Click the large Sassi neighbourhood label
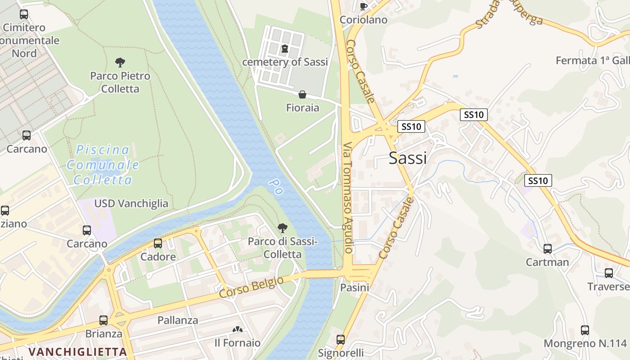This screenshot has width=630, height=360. (408, 158)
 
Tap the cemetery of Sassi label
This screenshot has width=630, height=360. (285, 62)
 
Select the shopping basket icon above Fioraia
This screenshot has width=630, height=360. (302, 94)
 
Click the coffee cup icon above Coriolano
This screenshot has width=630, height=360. (364, 6)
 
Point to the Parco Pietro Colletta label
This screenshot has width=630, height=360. (120, 82)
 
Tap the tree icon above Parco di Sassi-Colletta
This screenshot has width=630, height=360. (282, 228)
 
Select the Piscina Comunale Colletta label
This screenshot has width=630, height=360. (103, 165)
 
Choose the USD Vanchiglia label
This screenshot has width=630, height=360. (131, 203)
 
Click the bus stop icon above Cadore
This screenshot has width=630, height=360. (158, 243)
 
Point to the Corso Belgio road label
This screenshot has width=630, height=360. (252, 287)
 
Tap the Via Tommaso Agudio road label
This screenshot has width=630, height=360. (348, 198)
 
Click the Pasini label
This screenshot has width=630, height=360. (355, 287)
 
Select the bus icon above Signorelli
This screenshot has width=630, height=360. (341, 339)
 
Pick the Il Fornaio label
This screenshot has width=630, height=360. (237, 343)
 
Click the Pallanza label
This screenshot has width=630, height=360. (178, 320)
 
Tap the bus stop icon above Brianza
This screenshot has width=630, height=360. (103, 320)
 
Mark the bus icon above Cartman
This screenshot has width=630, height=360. (548, 248)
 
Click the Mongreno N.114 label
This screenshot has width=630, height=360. (585, 344)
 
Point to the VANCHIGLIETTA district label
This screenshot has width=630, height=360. (77, 351)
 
